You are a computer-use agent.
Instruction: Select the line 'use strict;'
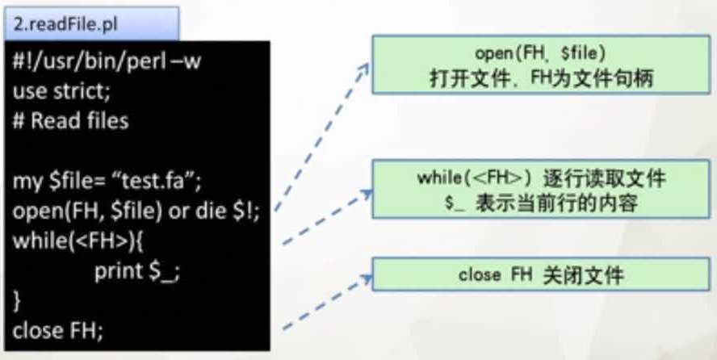[x=64, y=93]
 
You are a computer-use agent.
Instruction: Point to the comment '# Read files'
[x=70, y=122]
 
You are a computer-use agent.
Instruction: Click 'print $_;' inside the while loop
[x=137, y=270]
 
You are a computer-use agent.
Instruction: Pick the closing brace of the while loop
[x=18, y=300]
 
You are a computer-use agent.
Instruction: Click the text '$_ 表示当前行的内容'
[x=540, y=203]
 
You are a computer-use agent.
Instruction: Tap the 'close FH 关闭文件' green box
[x=540, y=275]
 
